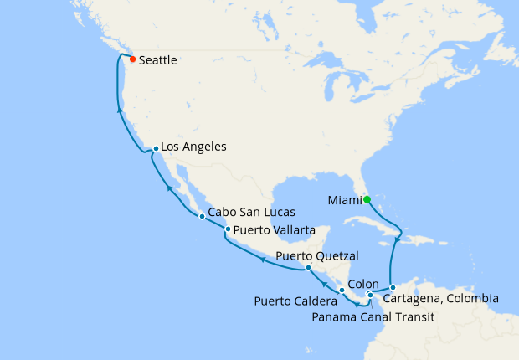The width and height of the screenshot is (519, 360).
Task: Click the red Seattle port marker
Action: point(132,59)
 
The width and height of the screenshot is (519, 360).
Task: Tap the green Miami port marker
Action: point(367,199)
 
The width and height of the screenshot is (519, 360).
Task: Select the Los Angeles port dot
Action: point(156,149)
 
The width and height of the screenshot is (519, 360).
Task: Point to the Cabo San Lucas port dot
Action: point(202,216)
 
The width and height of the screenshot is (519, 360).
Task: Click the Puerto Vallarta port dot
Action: point(228,229)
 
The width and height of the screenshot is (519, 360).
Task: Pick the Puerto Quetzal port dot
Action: point(308,268)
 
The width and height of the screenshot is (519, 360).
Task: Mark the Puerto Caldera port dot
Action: point(342,290)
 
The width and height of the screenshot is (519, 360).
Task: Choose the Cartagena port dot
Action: point(393,288)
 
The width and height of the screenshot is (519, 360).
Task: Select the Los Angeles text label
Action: point(193,147)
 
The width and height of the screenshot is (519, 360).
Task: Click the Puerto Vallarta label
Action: point(275,230)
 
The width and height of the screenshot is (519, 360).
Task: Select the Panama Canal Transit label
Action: point(373,317)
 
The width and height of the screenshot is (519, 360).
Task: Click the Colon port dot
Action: point(369,294)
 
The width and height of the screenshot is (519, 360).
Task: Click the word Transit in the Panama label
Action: point(414,317)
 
